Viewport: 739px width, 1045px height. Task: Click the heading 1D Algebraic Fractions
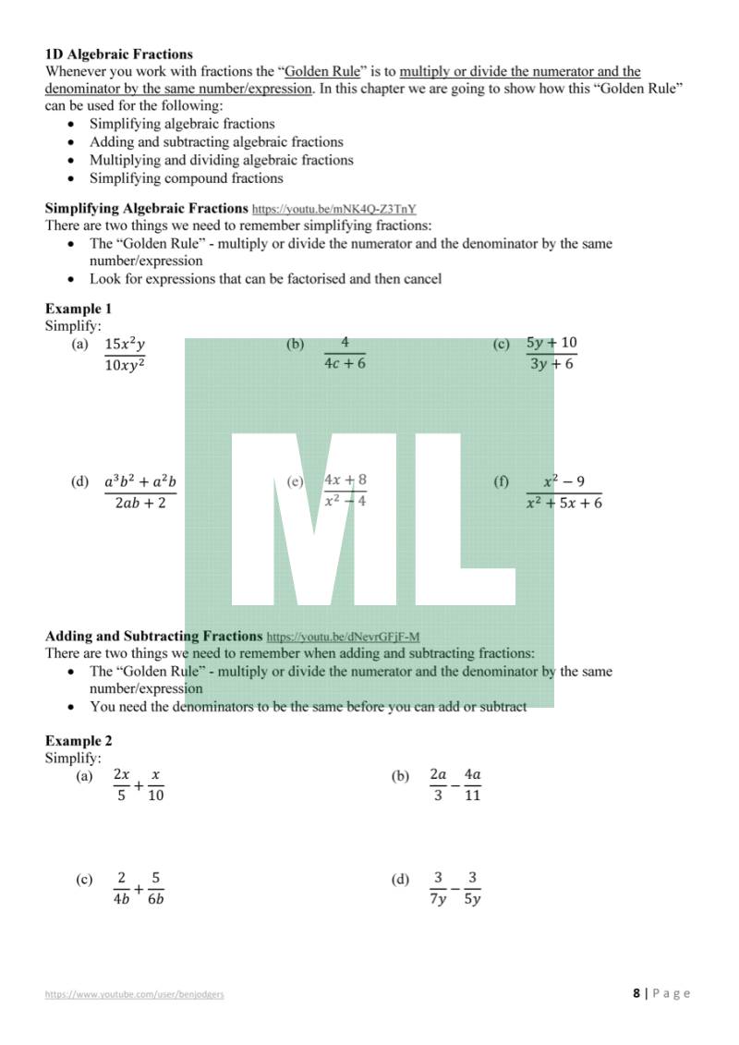point(119,55)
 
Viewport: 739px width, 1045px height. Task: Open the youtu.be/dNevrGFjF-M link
point(343,637)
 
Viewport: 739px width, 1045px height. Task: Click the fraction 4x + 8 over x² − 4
point(345,491)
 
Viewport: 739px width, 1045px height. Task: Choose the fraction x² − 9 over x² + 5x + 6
point(563,492)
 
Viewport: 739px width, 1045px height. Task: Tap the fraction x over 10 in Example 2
point(155,785)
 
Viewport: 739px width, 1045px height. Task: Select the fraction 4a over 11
point(472,785)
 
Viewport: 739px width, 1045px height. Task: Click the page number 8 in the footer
point(636,993)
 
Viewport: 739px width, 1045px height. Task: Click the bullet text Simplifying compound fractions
point(186,178)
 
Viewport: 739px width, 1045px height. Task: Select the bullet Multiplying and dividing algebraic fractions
point(221,160)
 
